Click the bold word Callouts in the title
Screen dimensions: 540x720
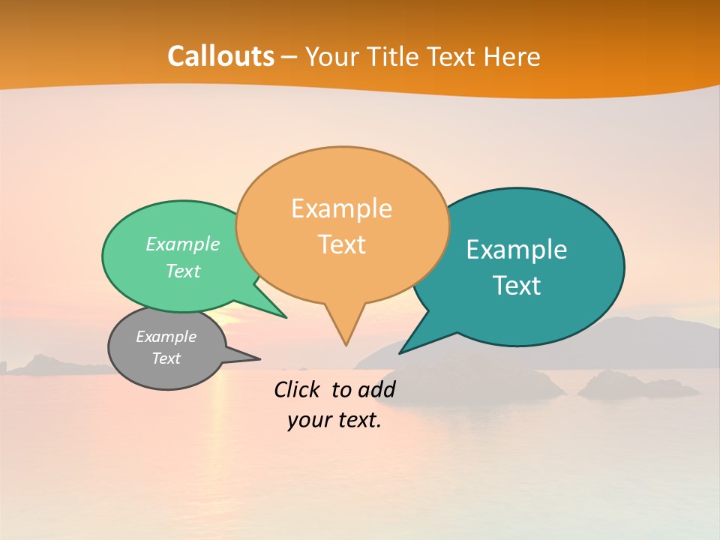(221, 56)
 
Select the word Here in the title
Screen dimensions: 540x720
(513, 56)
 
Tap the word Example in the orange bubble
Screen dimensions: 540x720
(341, 208)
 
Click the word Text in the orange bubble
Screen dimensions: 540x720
(342, 244)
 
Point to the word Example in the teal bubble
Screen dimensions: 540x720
(517, 250)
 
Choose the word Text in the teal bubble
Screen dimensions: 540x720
(517, 286)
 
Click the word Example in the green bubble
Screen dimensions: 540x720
(183, 244)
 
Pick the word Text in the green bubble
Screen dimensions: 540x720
(183, 271)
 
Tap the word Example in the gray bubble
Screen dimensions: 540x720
(166, 337)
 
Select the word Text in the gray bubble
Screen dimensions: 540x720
(166, 358)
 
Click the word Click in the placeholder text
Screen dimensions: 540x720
(299, 389)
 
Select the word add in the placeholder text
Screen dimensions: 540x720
(376, 389)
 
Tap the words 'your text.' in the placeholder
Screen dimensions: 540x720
(334, 420)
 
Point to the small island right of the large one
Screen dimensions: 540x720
(637, 385)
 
